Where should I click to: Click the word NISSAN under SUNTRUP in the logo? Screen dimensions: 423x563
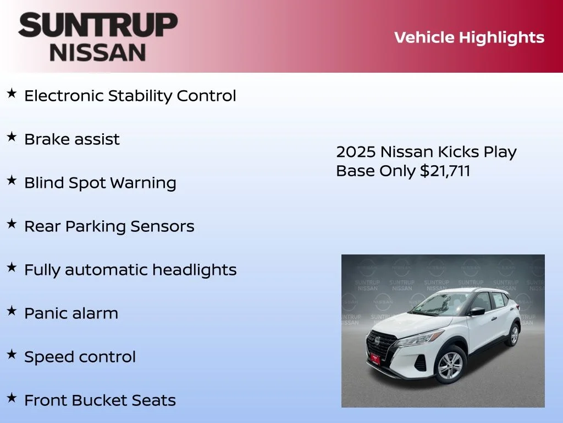(98, 52)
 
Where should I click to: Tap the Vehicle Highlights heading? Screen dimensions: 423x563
(469, 37)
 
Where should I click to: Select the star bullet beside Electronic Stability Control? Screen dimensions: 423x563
(12, 94)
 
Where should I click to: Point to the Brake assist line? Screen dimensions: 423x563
(71, 139)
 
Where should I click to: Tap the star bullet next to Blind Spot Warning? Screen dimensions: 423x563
(12, 181)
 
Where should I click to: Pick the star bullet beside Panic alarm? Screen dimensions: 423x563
(12, 312)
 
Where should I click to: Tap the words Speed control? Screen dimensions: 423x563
(80, 357)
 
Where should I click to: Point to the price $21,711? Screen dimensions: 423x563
(445, 171)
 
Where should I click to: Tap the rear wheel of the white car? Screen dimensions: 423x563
(514, 334)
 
